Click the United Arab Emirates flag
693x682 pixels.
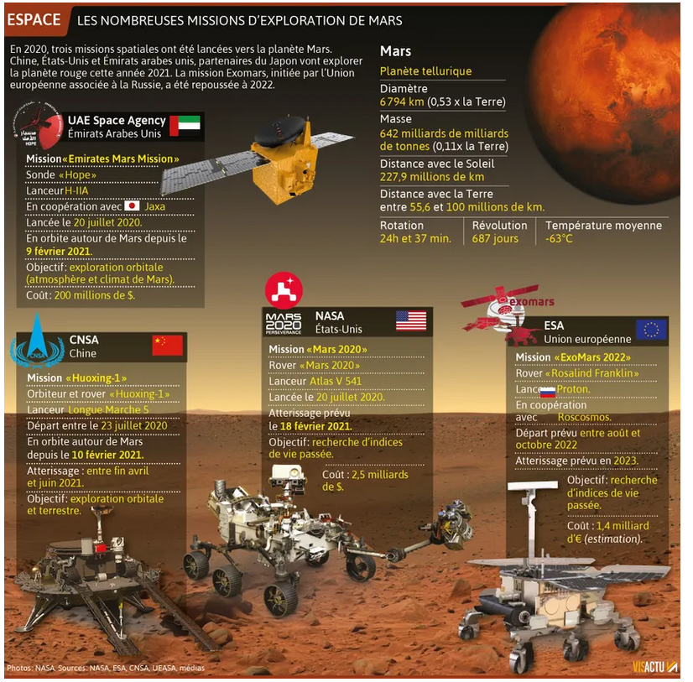tap(185, 126)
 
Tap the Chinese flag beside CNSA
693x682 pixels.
tap(168, 346)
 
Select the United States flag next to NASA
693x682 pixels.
tap(411, 321)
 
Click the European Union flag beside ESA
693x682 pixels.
tap(651, 330)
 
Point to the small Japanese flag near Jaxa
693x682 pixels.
tap(132, 206)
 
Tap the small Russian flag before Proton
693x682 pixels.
tap(548, 391)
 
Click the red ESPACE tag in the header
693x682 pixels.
tap(35, 20)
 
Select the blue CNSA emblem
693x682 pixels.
tap(37, 342)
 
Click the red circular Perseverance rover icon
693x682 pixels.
tap(284, 290)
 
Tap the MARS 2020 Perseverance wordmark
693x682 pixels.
tap(284, 324)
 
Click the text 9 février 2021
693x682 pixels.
tap(59, 251)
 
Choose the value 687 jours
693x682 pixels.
tap(495, 239)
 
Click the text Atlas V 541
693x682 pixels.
tap(336, 381)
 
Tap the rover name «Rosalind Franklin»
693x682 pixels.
tap(592, 373)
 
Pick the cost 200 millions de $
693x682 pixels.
tap(95, 295)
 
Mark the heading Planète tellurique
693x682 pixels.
tap(425, 71)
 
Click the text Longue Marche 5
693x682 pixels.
tap(109, 409)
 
